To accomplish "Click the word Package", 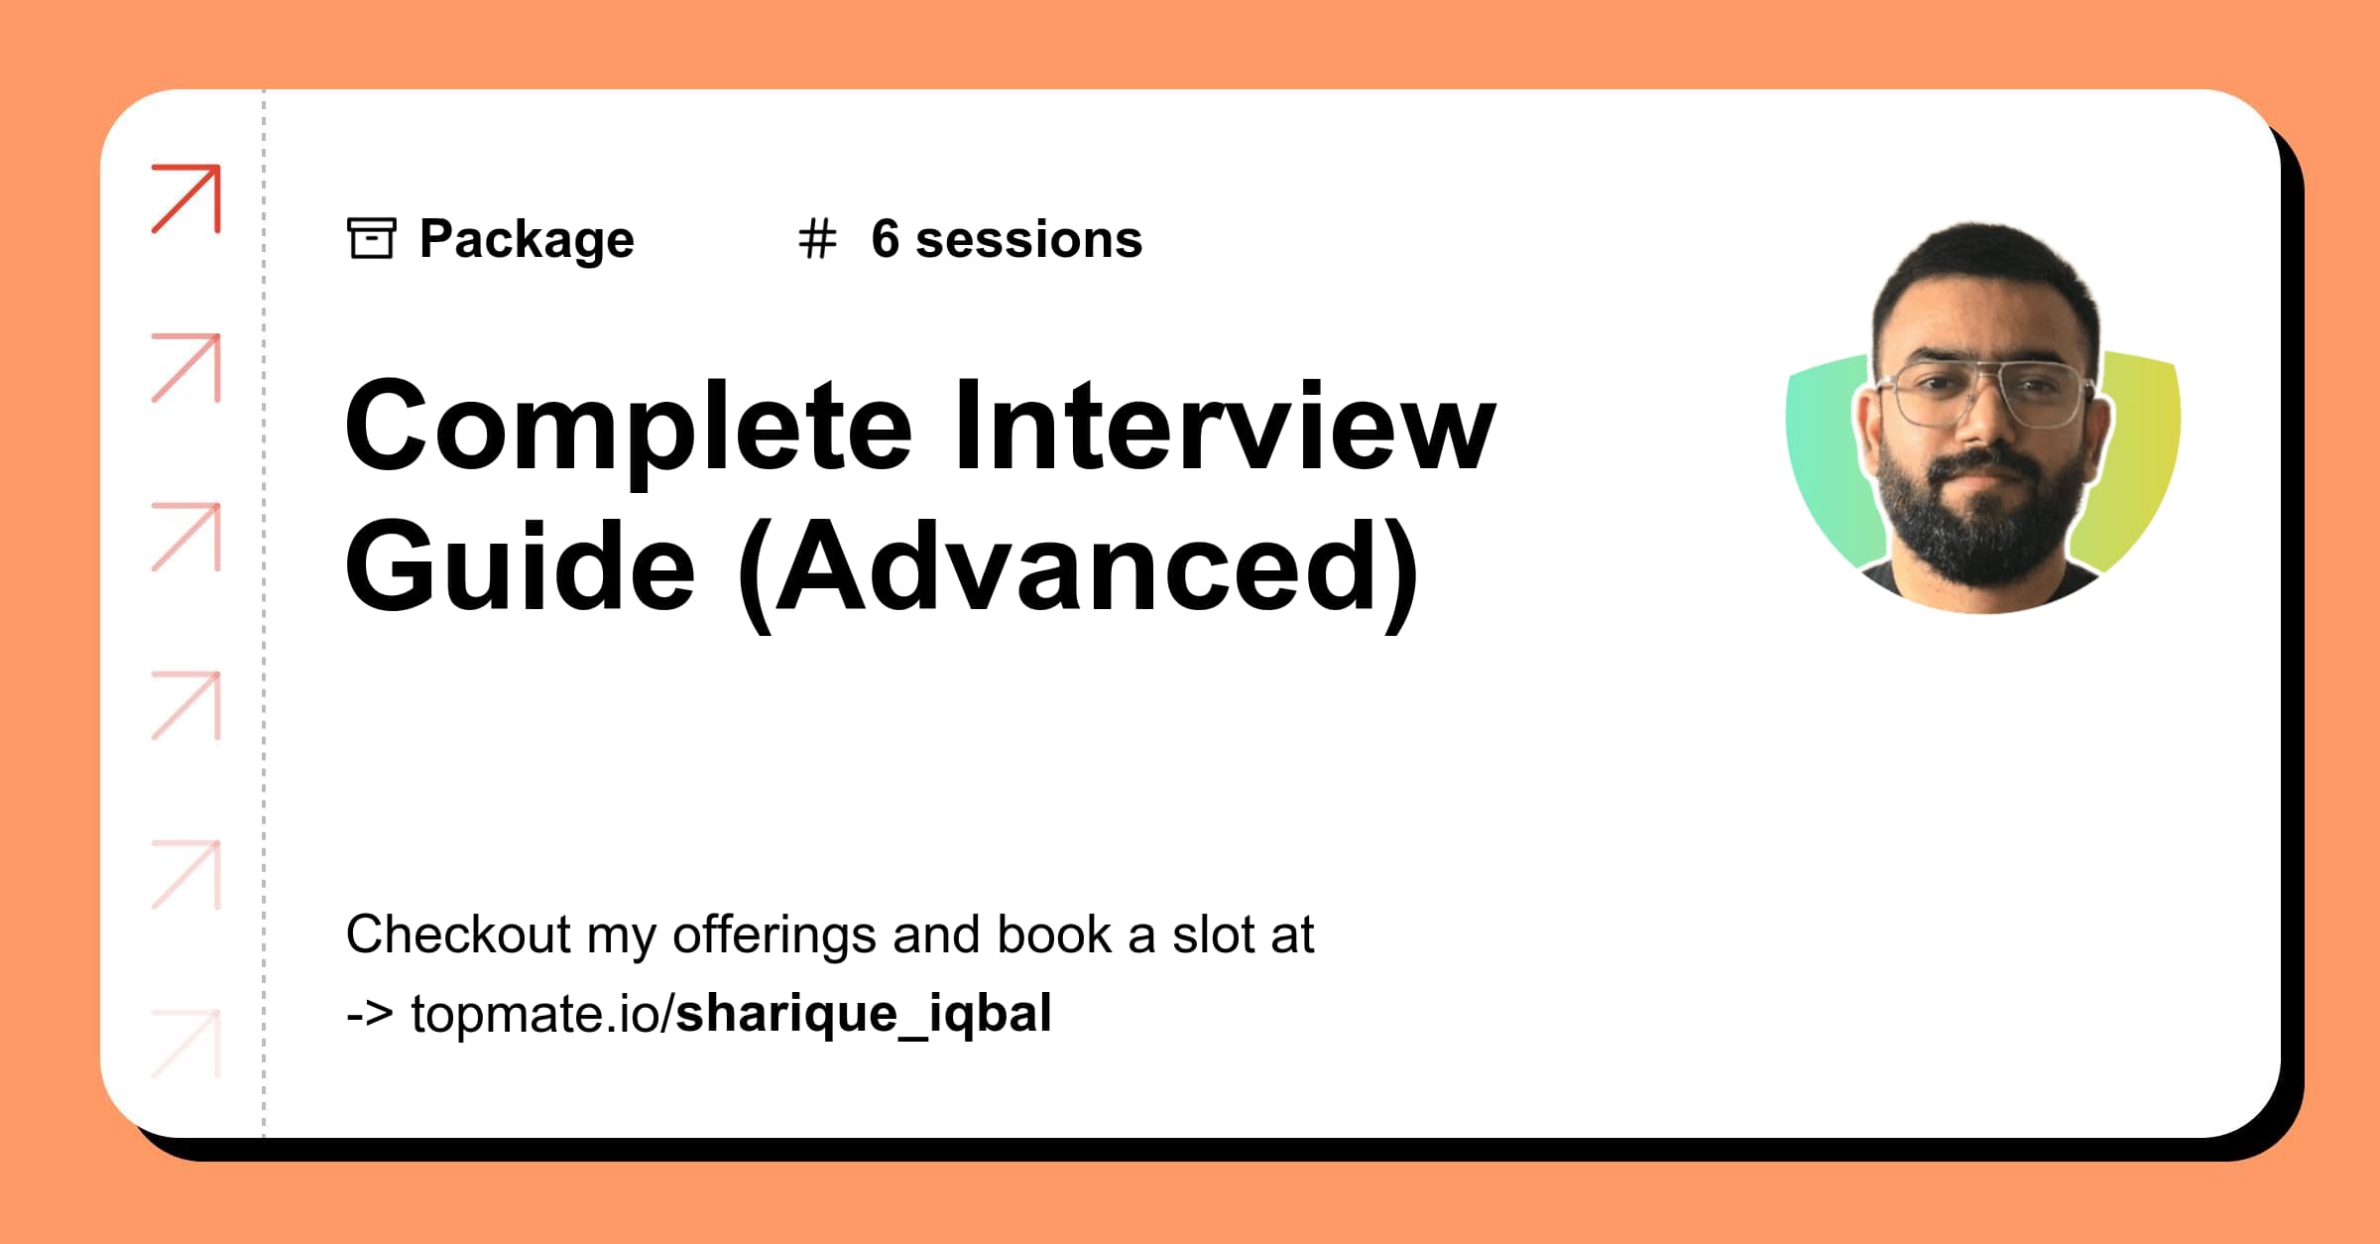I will [527, 240].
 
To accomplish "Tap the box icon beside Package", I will [372, 238].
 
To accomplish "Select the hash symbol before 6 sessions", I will [817, 240].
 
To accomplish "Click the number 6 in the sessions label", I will [885, 239].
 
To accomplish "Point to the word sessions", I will [1028, 240].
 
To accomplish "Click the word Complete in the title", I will [628, 427].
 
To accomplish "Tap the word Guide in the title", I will [520, 567].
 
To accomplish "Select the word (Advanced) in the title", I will [1079, 569].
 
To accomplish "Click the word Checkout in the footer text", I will [458, 934].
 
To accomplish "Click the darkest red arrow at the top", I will [186, 198].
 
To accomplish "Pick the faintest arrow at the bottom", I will [186, 1044].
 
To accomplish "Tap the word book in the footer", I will [1054, 934].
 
